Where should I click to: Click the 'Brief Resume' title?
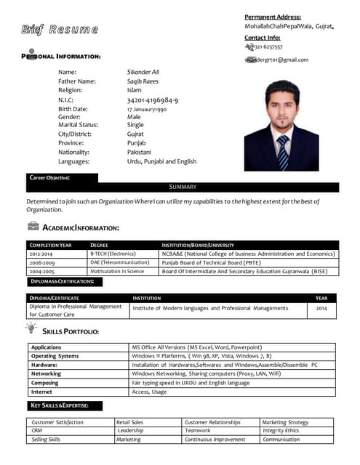tap(60, 30)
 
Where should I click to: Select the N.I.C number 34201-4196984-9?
tap(152, 100)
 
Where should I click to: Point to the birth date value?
tap(146, 109)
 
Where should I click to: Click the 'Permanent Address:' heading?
tap(272, 17)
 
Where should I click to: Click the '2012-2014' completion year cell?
tap(41, 254)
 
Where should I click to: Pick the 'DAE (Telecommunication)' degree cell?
tap(119, 262)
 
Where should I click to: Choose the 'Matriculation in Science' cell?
tap(117, 271)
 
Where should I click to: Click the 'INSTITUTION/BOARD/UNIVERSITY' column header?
tap(198, 246)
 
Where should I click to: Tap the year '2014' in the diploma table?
tap(321, 308)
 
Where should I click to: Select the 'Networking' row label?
tap(46, 373)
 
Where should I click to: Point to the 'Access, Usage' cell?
tap(149, 392)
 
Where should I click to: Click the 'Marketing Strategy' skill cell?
tap(285, 422)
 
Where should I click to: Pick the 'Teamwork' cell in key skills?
tap(197, 431)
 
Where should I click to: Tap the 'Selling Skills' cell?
tap(46, 440)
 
